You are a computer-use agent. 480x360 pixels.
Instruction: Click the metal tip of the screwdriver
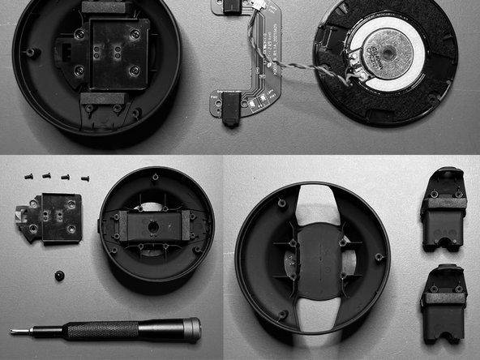(16, 331)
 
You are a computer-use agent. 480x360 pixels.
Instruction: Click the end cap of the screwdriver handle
(193, 328)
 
